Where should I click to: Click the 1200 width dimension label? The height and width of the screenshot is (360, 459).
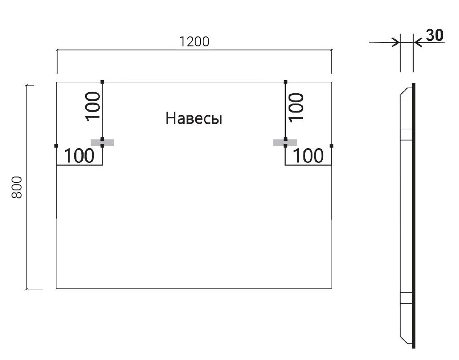[194, 42]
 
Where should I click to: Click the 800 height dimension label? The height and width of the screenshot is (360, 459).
[17, 187]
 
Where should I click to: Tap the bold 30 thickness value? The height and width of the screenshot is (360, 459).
[434, 36]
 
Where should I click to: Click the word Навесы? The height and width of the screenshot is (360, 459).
[194, 119]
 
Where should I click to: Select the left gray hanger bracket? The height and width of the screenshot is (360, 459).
[102, 143]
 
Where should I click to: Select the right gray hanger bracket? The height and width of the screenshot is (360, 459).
[285, 143]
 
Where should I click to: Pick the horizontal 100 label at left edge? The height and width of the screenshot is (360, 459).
[79, 156]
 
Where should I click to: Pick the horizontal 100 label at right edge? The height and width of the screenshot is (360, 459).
[308, 156]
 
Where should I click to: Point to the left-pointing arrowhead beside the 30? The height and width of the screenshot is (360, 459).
[417, 42]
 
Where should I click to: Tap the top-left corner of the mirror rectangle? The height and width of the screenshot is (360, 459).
[57, 82]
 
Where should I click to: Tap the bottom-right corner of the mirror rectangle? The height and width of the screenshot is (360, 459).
[331, 288]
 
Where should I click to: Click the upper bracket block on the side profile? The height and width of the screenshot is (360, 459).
[406, 135]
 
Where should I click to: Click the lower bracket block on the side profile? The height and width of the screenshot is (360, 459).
[406, 297]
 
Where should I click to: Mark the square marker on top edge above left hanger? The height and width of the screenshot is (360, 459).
[102, 82]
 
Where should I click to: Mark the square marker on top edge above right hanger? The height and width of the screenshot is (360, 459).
[285, 82]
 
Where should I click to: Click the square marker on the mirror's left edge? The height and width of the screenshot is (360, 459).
[56, 146]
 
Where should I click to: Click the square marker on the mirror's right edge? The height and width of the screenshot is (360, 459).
[331, 146]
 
